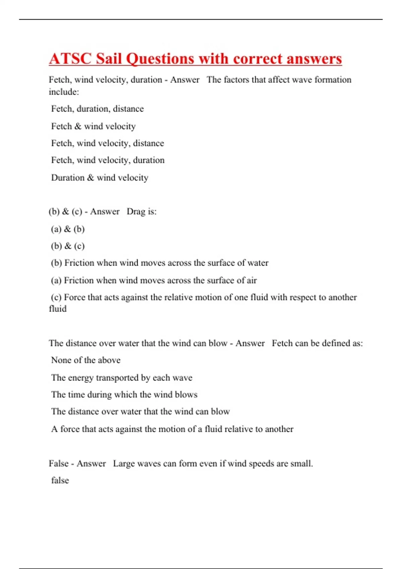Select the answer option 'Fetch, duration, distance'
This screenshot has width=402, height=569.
tap(97, 109)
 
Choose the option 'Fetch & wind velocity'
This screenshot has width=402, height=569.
tap(93, 126)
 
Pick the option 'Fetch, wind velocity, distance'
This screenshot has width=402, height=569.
tap(107, 143)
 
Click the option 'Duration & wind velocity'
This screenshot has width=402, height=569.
tap(99, 178)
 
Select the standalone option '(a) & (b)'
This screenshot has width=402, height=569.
tap(68, 229)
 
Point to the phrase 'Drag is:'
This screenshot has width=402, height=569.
tap(141, 212)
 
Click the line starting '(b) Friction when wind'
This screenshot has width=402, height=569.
tap(159, 263)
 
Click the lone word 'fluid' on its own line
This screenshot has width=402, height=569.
tap(58, 309)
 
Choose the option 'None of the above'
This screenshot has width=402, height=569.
tap(85, 360)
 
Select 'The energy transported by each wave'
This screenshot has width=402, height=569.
tap(122, 378)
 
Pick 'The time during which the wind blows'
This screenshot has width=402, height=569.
tap(124, 395)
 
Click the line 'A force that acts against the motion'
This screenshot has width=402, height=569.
tap(172, 429)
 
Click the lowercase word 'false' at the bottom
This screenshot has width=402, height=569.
tap(60, 481)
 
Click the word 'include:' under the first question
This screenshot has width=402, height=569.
tap(64, 92)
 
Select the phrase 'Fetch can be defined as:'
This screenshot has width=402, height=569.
tap(317, 343)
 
